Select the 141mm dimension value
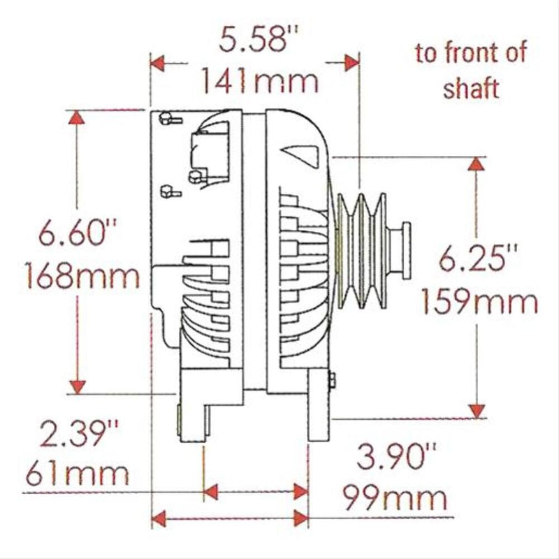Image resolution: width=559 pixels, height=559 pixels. [x=260, y=82]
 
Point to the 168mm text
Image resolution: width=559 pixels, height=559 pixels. [x=82, y=277]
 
